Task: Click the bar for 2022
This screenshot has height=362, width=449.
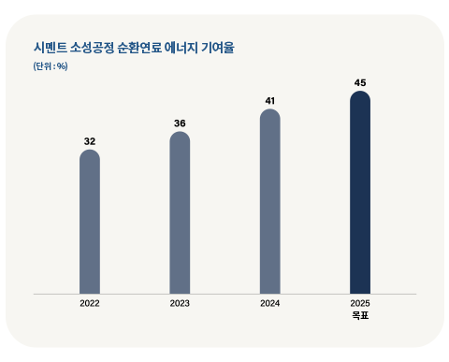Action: click(90, 222)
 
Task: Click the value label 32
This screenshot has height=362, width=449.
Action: click(90, 141)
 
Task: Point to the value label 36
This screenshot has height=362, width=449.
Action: click(180, 123)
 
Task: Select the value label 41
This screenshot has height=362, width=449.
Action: click(269, 101)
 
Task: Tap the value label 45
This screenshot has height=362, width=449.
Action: click(360, 82)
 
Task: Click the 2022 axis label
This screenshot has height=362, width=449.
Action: click(90, 304)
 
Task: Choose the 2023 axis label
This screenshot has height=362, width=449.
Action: click(180, 304)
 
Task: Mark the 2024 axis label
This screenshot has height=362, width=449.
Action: click(269, 304)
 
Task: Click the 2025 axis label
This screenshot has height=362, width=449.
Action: click(360, 304)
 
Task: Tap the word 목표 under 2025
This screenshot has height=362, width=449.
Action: click(360, 316)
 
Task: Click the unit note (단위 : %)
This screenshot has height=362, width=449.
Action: click(50, 65)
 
